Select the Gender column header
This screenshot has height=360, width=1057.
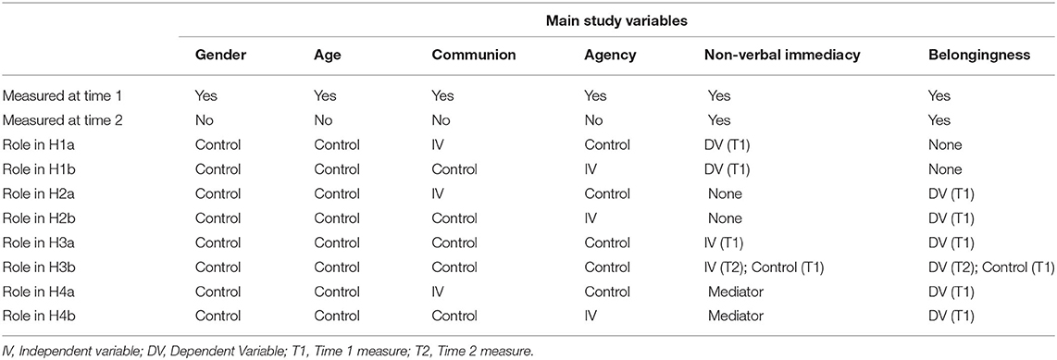[219, 56]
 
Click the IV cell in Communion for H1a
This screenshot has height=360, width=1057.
[437, 144]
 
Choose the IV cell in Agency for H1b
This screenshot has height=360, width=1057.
[591, 169]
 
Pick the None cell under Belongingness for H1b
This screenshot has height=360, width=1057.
[941, 169]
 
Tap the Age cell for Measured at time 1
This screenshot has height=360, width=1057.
[325, 94]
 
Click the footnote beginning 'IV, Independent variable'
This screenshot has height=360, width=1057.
[278, 349]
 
